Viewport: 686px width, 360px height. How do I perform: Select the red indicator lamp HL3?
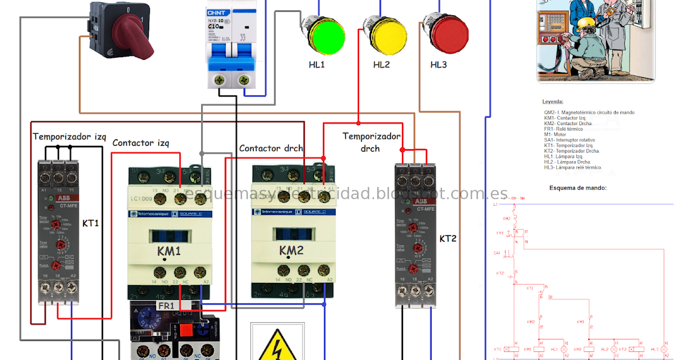pos(446,34)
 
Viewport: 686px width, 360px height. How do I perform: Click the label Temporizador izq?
pos(69,137)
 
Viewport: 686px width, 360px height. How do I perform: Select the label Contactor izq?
pos(141,143)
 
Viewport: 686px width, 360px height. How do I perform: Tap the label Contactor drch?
pos(271,149)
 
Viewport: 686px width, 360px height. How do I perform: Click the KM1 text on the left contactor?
pos(169,251)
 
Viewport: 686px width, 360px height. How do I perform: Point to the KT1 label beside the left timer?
pos(91,223)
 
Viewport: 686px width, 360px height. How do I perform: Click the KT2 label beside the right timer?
pos(448,238)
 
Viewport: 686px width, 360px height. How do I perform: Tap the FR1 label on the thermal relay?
pos(166,306)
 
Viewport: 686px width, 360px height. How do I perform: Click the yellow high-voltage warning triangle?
pos(277,345)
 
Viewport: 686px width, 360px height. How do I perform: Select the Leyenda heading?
pos(553,101)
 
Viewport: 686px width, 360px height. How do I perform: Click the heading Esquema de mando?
pos(577,188)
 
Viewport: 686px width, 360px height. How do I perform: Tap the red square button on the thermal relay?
pos(187,330)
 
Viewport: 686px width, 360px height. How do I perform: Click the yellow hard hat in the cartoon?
pos(586,23)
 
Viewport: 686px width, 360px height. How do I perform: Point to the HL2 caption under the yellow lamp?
pos(381,65)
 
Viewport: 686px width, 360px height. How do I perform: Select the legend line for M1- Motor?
pos(555,135)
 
